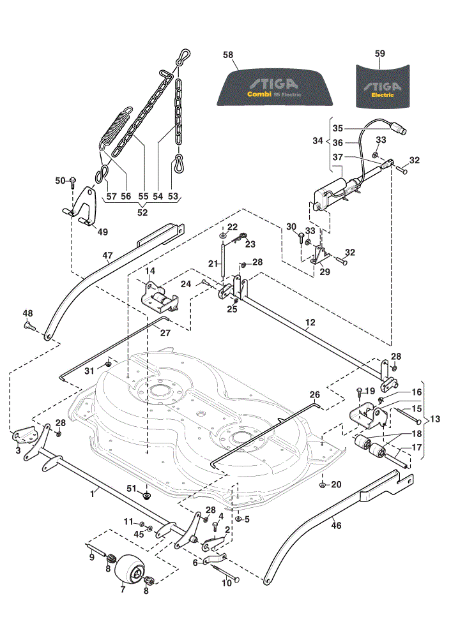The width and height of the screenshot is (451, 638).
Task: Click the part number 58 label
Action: pos(228,54)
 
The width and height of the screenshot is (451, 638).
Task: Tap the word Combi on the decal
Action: pos(259,94)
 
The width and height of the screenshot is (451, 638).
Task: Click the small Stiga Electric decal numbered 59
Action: pos(383,86)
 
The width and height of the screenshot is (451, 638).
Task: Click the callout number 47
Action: pos(107,256)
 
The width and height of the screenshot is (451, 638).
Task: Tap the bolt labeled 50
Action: pos(73,182)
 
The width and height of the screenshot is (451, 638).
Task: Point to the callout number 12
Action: pos(310,323)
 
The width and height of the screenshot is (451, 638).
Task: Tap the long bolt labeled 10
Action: pos(225,572)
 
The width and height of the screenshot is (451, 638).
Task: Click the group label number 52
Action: pos(142,212)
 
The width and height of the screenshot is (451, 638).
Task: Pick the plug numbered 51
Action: pos(146,495)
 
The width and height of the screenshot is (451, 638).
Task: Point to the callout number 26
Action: pos(314,394)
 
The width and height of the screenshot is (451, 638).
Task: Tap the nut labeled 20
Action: pos(323,485)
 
